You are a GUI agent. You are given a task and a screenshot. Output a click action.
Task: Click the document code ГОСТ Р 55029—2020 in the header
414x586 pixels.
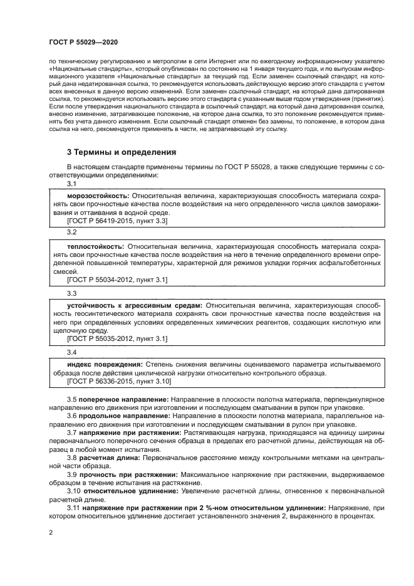pos(83,41)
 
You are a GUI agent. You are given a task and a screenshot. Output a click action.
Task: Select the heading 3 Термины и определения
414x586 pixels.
pos(122,152)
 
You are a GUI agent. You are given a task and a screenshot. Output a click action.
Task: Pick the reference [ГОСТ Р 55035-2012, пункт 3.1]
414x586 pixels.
pos(116,338)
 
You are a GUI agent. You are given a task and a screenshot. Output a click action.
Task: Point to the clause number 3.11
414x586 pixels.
pos(75,508)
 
